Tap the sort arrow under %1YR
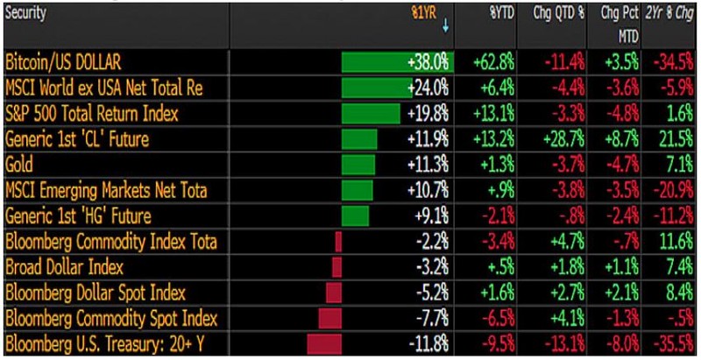pos(445,27)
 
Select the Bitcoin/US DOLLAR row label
pos(63,63)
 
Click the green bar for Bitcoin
pos(395,63)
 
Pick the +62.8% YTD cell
pos(493,63)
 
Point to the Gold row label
pos(20,165)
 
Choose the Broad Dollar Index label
pos(64,266)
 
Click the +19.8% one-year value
pos(428,114)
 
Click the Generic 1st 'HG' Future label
pos(78,215)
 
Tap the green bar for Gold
pos(357,165)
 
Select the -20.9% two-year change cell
pos(673,190)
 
